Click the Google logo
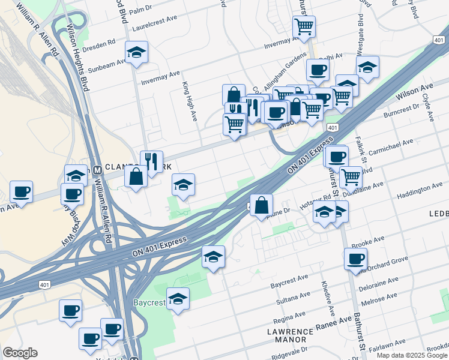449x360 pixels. [20, 353]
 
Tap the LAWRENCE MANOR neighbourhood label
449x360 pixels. [291, 336]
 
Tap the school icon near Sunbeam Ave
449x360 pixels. [136, 52]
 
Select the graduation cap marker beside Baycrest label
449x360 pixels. [178, 298]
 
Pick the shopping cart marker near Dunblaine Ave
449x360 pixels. [350, 176]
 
